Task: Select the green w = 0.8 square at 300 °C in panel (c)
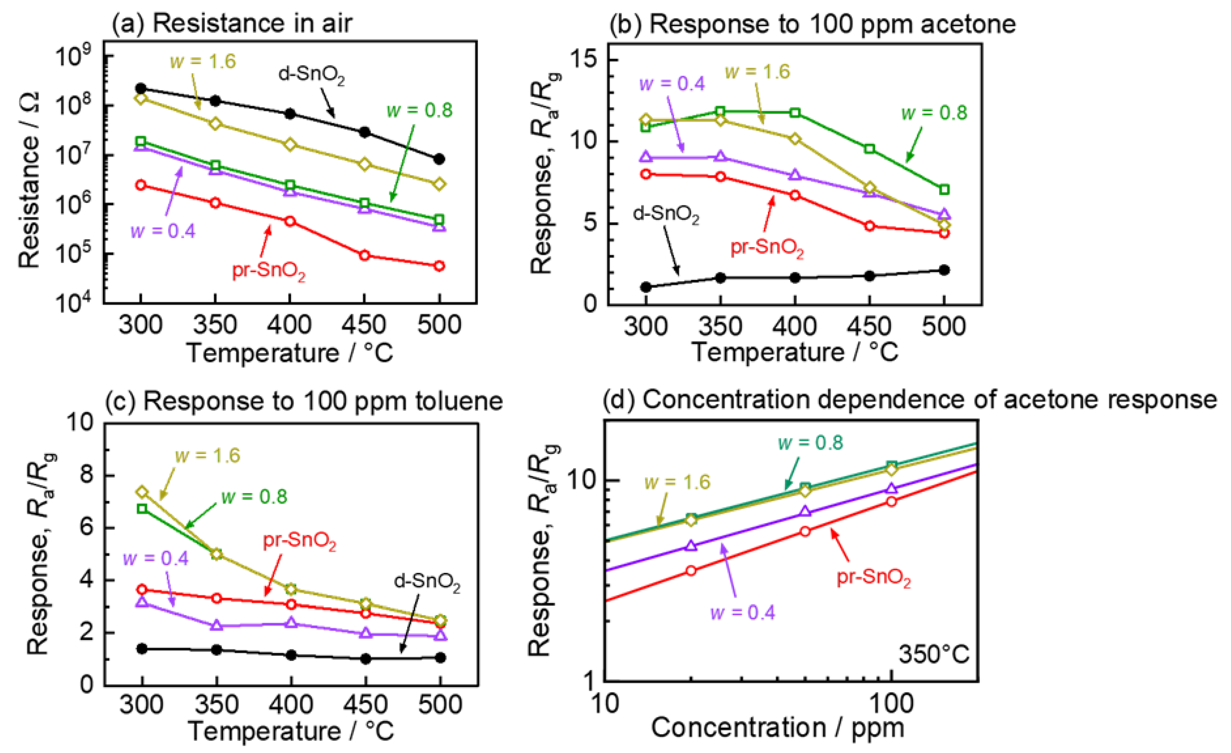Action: pos(143,509)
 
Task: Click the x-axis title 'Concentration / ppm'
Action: pos(777,728)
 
